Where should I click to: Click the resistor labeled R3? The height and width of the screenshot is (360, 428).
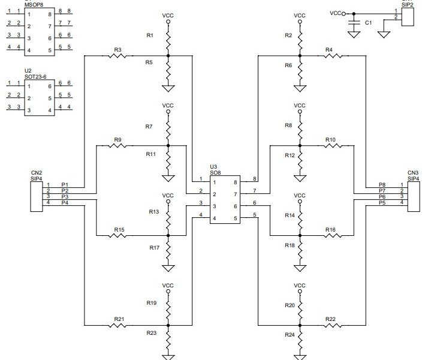click(117, 56)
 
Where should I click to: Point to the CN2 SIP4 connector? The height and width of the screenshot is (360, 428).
click(36, 194)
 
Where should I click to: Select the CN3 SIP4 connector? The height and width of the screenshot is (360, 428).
click(412, 194)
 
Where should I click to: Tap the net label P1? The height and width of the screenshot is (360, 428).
click(65, 184)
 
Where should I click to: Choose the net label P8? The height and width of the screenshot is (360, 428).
click(382, 184)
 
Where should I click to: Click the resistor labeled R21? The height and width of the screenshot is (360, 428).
click(118, 326)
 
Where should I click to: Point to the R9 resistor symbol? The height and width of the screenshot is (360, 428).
click(117, 145)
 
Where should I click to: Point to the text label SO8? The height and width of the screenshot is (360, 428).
click(215, 172)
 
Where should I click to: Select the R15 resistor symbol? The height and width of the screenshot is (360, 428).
click(118, 235)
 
